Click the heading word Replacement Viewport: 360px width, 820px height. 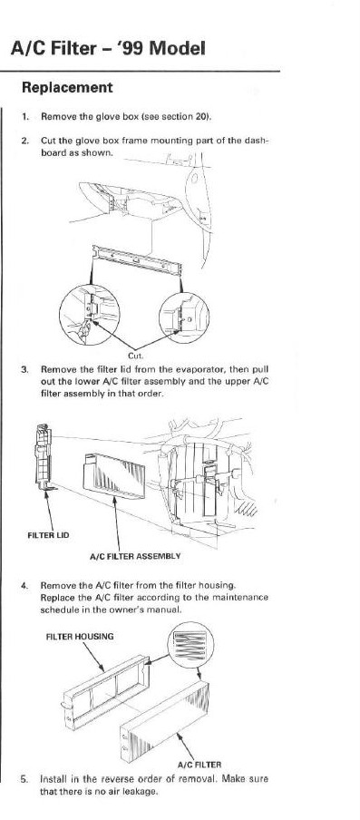(67, 88)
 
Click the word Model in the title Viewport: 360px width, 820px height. (177, 48)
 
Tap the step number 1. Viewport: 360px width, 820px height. (24, 117)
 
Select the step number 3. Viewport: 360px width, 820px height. (24, 369)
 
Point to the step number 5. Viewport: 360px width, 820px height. (24, 778)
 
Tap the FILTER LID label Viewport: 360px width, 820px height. (47, 535)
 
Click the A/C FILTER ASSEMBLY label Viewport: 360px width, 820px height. (135, 556)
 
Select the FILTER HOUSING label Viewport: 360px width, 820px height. (80, 637)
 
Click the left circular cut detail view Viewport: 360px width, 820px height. (90, 316)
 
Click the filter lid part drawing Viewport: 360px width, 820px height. (44, 458)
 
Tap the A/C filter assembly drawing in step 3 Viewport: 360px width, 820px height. (114, 474)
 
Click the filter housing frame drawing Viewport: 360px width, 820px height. (107, 691)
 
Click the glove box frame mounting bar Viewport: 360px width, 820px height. (137, 260)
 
